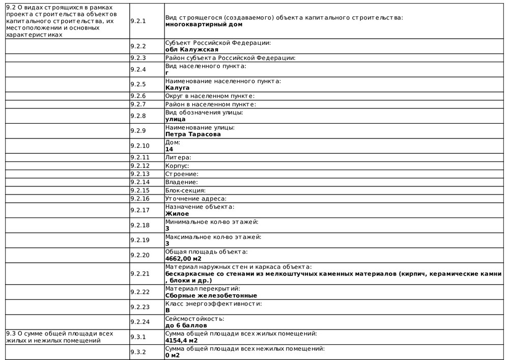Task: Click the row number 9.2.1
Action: click(138, 21)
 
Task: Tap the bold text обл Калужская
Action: click(192, 49)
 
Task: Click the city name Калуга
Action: click(177, 88)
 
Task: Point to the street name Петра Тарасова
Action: click(193, 134)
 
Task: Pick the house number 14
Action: click(169, 149)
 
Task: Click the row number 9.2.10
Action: click(139, 146)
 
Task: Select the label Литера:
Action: click(178, 157)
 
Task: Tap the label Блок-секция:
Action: click(185, 190)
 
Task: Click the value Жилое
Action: click(177, 214)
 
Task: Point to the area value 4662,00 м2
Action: click(183, 259)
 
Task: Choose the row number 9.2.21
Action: click(139, 273)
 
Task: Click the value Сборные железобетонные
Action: click(211, 295)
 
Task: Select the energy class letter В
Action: click(168, 310)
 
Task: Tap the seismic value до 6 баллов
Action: click(186, 325)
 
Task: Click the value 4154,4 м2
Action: click(181, 340)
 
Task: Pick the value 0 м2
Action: click(172, 355)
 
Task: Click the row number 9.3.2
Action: click(138, 352)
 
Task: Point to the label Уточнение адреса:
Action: click(195, 198)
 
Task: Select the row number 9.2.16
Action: click(139, 198)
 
